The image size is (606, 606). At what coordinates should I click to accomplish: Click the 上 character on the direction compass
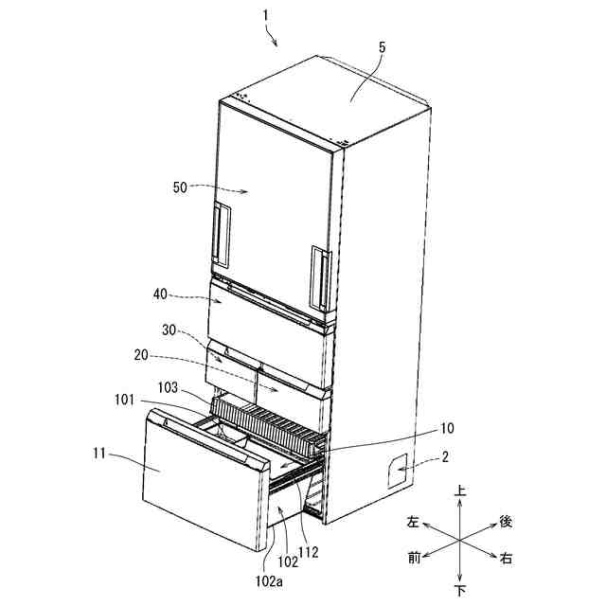pyautogui.click(x=460, y=492)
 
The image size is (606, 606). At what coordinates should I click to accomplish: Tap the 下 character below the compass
pyautogui.click(x=460, y=591)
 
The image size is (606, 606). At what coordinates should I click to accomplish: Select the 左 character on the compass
pyautogui.click(x=414, y=522)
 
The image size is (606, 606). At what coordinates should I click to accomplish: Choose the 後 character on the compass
pyautogui.click(x=507, y=522)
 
